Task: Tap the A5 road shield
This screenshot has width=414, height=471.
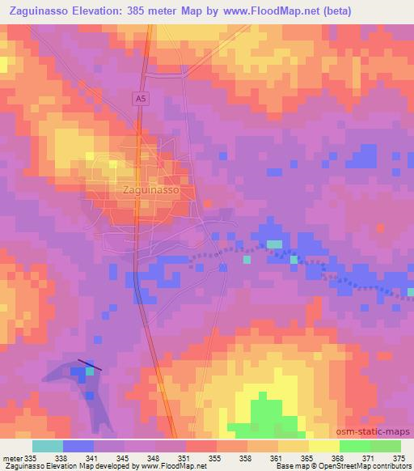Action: [140, 99]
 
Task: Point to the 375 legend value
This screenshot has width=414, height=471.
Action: [399, 457]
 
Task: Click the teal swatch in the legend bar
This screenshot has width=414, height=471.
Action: [47, 446]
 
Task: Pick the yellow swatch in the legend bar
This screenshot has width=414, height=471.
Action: [323, 446]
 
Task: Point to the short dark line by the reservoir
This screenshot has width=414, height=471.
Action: [90, 365]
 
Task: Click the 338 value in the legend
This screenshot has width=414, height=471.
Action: [63, 457]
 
